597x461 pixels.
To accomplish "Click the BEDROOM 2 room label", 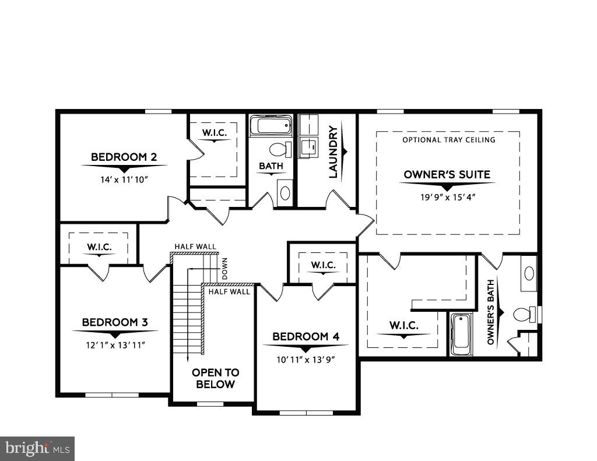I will (x=124, y=157).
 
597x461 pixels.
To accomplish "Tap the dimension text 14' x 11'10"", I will (x=124, y=179).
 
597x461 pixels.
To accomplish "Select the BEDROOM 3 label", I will (x=115, y=322).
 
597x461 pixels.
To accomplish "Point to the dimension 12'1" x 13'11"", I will (x=115, y=344).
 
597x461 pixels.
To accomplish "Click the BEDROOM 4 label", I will (x=305, y=336).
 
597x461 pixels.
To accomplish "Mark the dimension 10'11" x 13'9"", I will (x=305, y=359).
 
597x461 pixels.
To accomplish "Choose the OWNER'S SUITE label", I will (x=447, y=174).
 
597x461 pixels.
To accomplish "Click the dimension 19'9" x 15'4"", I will (x=447, y=196).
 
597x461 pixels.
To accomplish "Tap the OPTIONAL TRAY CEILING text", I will (x=448, y=140).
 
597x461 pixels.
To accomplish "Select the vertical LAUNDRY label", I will (x=333, y=152).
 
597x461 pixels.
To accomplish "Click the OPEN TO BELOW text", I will (x=215, y=378).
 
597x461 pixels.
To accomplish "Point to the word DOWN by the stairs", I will (x=224, y=269).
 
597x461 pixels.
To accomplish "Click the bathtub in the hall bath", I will (x=271, y=125).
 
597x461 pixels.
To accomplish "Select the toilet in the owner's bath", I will (x=522, y=315).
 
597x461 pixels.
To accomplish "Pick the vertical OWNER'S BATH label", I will (x=491, y=312).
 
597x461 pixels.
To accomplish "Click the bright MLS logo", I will (x=37, y=449).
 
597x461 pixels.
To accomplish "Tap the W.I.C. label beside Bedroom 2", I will (x=214, y=133).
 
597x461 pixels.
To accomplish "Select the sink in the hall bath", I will (x=285, y=192).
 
